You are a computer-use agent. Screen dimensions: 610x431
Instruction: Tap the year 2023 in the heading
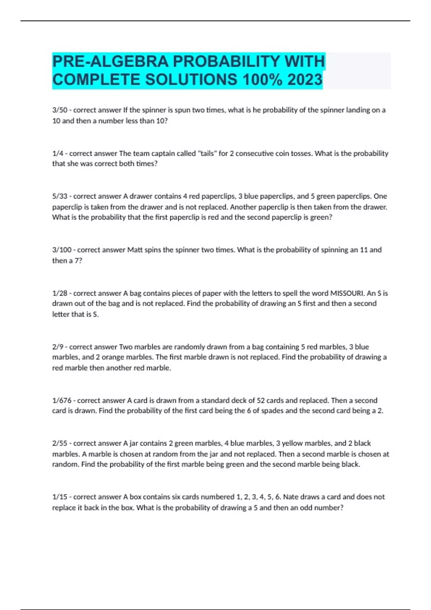pyautogui.click(x=305, y=80)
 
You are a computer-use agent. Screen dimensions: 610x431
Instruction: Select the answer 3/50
pyautogui.click(x=60, y=110)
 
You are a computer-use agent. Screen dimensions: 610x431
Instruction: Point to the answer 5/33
pyautogui.click(x=60, y=196)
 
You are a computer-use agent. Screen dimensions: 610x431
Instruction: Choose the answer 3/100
pyautogui.click(x=62, y=250)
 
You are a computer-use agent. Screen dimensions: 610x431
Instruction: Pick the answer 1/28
pyautogui.click(x=60, y=293)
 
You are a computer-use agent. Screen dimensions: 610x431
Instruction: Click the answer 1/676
pyautogui.click(x=62, y=400)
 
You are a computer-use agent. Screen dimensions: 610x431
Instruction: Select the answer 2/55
pyautogui.click(x=60, y=443)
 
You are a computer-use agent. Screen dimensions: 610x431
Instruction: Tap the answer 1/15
pyautogui.click(x=60, y=497)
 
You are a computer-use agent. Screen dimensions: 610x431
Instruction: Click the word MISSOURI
pyautogui.click(x=347, y=293)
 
